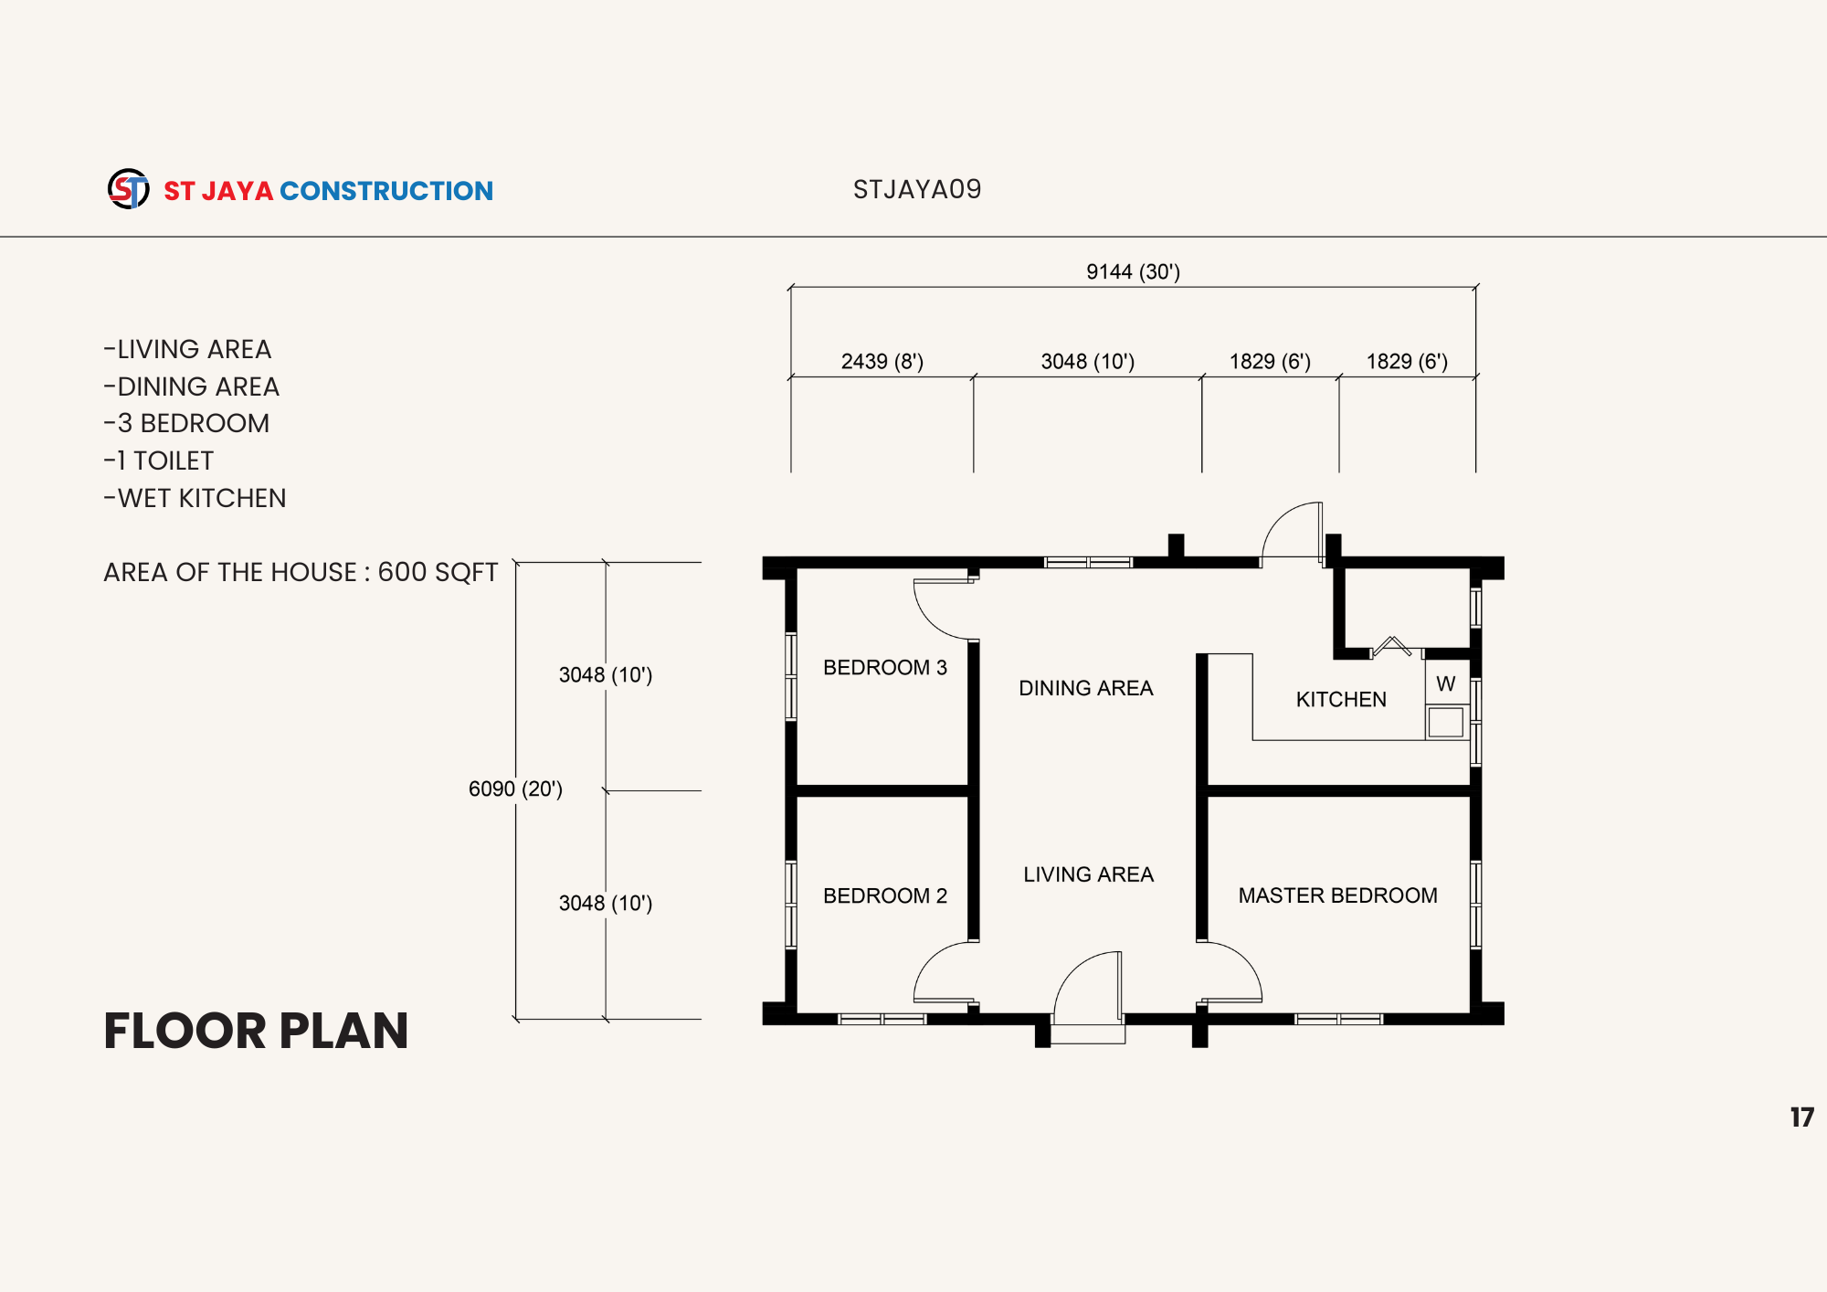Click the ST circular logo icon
pos(129,189)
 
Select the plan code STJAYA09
pos(917,189)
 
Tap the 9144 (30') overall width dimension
pos(1133,271)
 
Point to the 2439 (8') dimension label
pos(882,361)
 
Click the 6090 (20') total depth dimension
pos(515,789)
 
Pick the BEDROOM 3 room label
pos(885,667)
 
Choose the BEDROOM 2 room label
pos(885,895)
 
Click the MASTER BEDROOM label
pos(1338,895)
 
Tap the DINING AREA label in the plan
pos(1086,688)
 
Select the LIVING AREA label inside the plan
pos(1089,874)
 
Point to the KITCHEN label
pos(1341,699)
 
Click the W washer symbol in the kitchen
pos(1446,683)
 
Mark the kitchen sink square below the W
pos(1446,722)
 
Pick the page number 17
pos(1802,1117)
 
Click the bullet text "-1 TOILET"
pos(159,461)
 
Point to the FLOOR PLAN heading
pos(256,1031)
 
